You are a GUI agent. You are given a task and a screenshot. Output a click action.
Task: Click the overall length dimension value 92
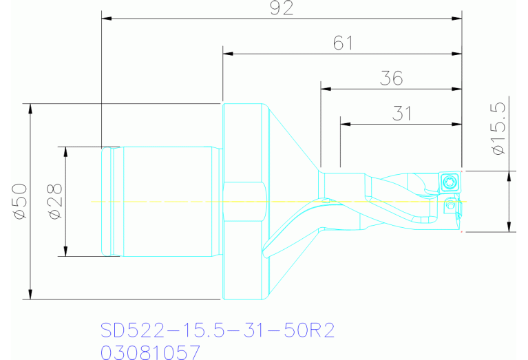pos(282,8)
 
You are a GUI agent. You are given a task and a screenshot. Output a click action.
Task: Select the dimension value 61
pos(342,43)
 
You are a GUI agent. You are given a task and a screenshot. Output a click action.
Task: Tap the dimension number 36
pos(391,78)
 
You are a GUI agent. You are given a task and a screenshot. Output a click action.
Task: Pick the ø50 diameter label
pos(19,201)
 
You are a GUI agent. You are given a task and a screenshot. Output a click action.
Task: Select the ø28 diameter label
pos(55,201)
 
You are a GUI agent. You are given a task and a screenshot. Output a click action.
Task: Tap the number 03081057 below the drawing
pos(151,352)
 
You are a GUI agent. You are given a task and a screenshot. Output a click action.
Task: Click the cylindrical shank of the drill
pos(165,201)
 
